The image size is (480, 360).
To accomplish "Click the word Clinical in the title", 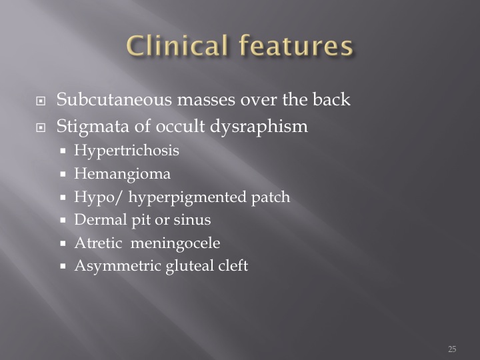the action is coord(177,45).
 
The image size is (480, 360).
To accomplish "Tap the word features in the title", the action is coord(296,45).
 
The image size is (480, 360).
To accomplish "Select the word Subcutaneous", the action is coord(114,99).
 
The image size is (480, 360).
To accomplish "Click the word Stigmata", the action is coord(93,127).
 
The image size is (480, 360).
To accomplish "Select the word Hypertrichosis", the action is coord(127,151).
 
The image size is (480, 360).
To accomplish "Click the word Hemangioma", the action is coord(123,174).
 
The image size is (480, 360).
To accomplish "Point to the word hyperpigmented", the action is coord(187,197).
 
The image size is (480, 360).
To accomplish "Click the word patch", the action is coord(271,197).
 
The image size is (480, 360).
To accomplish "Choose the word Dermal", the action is coord(101,219).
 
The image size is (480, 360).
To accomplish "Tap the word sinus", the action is coord(192,220).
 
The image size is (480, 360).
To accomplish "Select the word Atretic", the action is coord(98,243).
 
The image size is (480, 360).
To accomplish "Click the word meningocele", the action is coord(175,244).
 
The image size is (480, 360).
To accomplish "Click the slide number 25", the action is coord(452,349).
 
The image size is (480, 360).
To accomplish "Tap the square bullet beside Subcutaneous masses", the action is coord(41,101).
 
